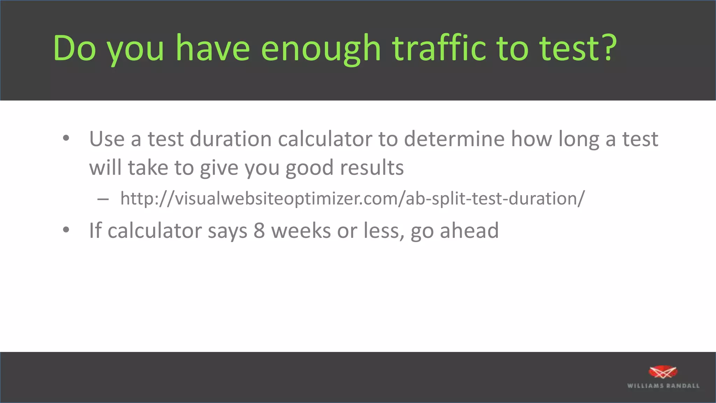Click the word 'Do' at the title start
(x=74, y=48)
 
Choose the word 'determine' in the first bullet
(x=454, y=139)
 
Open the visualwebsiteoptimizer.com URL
(x=352, y=198)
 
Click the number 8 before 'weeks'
(x=259, y=231)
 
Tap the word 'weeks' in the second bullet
(x=301, y=231)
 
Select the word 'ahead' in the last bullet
(x=469, y=231)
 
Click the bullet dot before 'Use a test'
(x=66, y=139)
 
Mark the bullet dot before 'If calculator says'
(x=66, y=230)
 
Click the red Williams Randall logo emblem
(x=663, y=373)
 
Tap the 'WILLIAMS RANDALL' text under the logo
(x=663, y=386)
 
